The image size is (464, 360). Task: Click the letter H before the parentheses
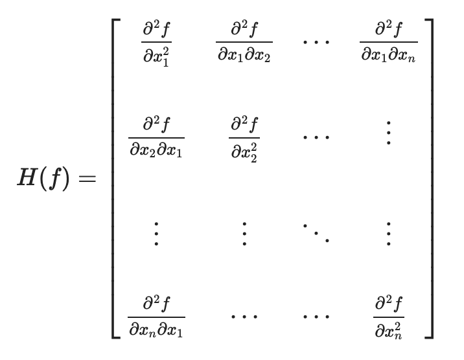[30, 177]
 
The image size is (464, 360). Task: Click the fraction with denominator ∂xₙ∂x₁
[156, 316]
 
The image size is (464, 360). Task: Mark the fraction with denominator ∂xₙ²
[388, 316]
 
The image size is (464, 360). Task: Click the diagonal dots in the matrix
[316, 232]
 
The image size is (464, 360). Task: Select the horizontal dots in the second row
[316, 137]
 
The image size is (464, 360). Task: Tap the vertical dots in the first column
[156, 232]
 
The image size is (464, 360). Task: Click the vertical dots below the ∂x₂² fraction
[244, 232]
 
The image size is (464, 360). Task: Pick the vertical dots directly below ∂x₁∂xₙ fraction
[388, 133]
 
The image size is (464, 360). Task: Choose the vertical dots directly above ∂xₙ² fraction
[388, 232]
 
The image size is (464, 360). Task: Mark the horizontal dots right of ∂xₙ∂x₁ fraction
[244, 316]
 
